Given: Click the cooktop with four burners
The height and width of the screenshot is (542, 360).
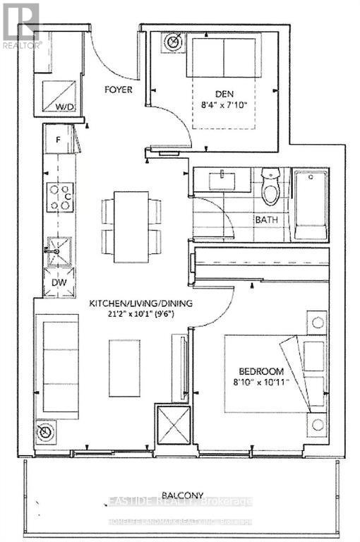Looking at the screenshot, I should pyautogui.click(x=59, y=196).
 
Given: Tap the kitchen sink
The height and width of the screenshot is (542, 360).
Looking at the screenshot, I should pyautogui.click(x=58, y=251).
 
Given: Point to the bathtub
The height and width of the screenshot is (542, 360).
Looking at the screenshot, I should pyautogui.click(x=311, y=205).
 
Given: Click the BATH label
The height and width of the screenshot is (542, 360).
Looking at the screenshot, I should pyautogui.click(x=266, y=219).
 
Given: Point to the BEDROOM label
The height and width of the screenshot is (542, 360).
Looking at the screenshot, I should pyautogui.click(x=260, y=372).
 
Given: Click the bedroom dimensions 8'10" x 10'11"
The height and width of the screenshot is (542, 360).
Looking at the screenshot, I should pyautogui.click(x=261, y=385).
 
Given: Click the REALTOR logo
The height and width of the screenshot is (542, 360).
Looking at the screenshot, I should pyautogui.click(x=21, y=25).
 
